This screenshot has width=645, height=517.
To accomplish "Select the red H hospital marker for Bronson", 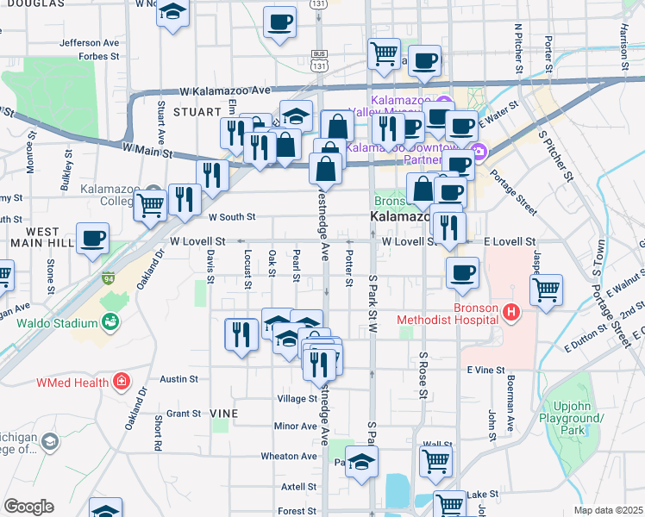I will (511, 314).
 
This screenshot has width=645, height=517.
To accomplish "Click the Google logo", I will (28, 507).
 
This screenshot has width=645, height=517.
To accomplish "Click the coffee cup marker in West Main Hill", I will (92, 238).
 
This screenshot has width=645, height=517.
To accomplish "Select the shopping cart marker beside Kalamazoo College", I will (150, 206).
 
